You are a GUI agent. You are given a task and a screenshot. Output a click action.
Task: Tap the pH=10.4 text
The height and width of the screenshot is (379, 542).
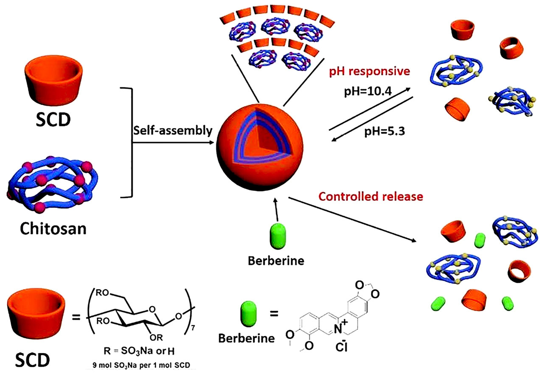(367, 92)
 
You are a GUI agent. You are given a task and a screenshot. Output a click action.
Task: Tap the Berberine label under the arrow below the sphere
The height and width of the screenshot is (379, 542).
(276, 261)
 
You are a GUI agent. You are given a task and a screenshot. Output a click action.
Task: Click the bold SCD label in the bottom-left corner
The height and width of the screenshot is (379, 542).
(32, 361)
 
